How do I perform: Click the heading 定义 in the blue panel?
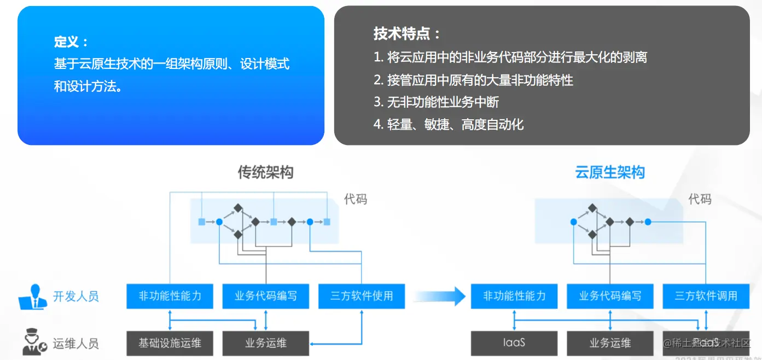tap(71, 42)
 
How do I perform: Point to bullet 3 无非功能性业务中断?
tap(436, 102)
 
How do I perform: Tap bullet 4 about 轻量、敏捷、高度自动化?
tap(449, 124)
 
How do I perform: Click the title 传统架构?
tap(265, 172)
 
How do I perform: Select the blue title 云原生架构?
tap(610, 172)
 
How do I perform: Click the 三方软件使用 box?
tap(362, 296)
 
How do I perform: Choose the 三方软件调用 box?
tap(706, 296)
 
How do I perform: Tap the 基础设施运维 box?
tap(170, 343)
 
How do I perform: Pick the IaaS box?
tap(514, 343)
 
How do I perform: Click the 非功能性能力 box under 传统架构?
tap(170, 296)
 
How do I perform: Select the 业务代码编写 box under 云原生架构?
tap(610, 296)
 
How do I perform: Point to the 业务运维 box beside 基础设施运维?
tap(265, 343)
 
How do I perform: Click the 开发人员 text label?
tap(75, 297)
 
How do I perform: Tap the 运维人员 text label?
tap(75, 344)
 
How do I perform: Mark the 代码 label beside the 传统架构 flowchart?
tap(356, 199)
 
